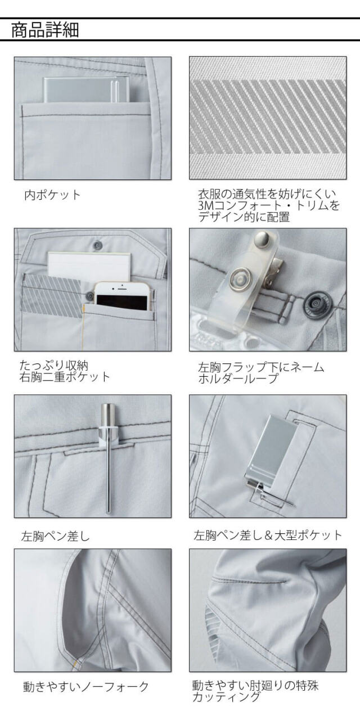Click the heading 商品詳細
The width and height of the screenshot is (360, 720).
coord(45,30)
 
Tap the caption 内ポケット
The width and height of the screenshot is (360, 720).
coord(52,195)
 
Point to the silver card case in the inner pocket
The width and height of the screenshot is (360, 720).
coord(87,89)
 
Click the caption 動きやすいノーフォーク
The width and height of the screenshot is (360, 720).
coord(86,686)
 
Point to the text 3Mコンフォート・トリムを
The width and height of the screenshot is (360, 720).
coord(269,205)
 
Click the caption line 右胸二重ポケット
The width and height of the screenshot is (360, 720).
coord(65,376)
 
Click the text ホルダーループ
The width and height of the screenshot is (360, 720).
coord(237,379)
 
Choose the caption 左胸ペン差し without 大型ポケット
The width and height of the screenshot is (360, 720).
coord(55,536)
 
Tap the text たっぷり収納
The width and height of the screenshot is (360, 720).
coord(53,366)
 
